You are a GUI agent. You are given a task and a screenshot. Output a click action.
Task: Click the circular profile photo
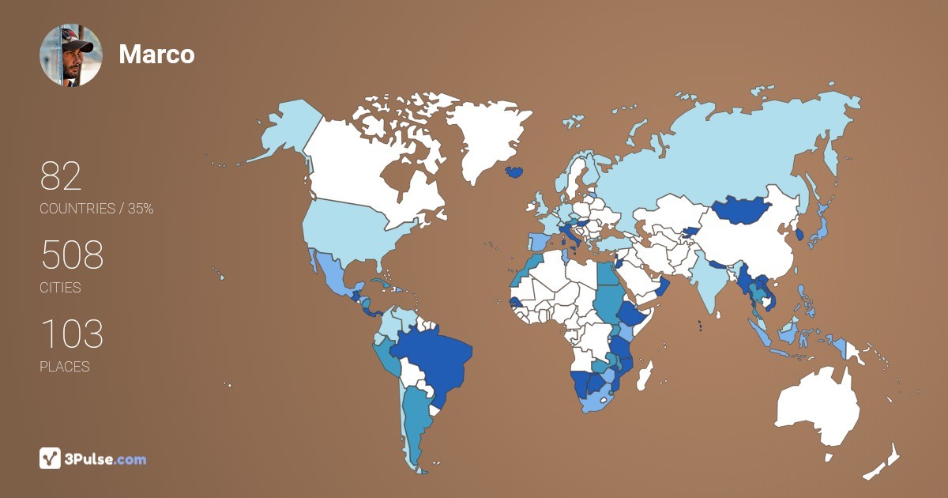click(x=70, y=55)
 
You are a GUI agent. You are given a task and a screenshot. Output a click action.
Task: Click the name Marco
click(x=156, y=55)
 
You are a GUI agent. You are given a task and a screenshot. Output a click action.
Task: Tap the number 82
click(x=61, y=177)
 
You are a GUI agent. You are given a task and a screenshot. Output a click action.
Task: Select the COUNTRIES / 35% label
click(x=96, y=209)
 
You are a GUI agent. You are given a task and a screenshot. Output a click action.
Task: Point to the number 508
click(x=72, y=256)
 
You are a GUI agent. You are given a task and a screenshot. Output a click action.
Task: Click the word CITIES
click(x=60, y=288)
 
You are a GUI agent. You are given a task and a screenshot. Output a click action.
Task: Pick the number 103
click(x=72, y=335)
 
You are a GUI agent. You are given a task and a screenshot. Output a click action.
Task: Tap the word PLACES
click(x=64, y=367)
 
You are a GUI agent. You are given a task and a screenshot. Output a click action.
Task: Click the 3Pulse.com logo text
click(x=104, y=458)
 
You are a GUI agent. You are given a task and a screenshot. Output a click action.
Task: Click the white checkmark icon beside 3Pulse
click(x=51, y=458)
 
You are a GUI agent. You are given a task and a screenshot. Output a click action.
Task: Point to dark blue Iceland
click(x=515, y=172)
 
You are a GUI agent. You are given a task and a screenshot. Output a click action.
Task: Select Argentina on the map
click(x=415, y=419)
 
